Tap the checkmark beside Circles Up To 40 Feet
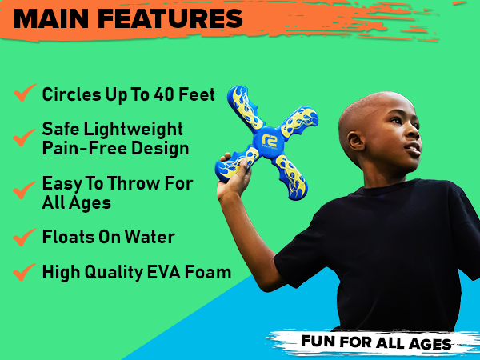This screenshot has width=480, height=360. coord(23,94)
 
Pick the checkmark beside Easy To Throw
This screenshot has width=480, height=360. coord(23,191)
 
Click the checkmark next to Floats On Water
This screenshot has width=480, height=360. coord(23,238)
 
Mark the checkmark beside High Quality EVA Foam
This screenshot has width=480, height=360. coord(23,273)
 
